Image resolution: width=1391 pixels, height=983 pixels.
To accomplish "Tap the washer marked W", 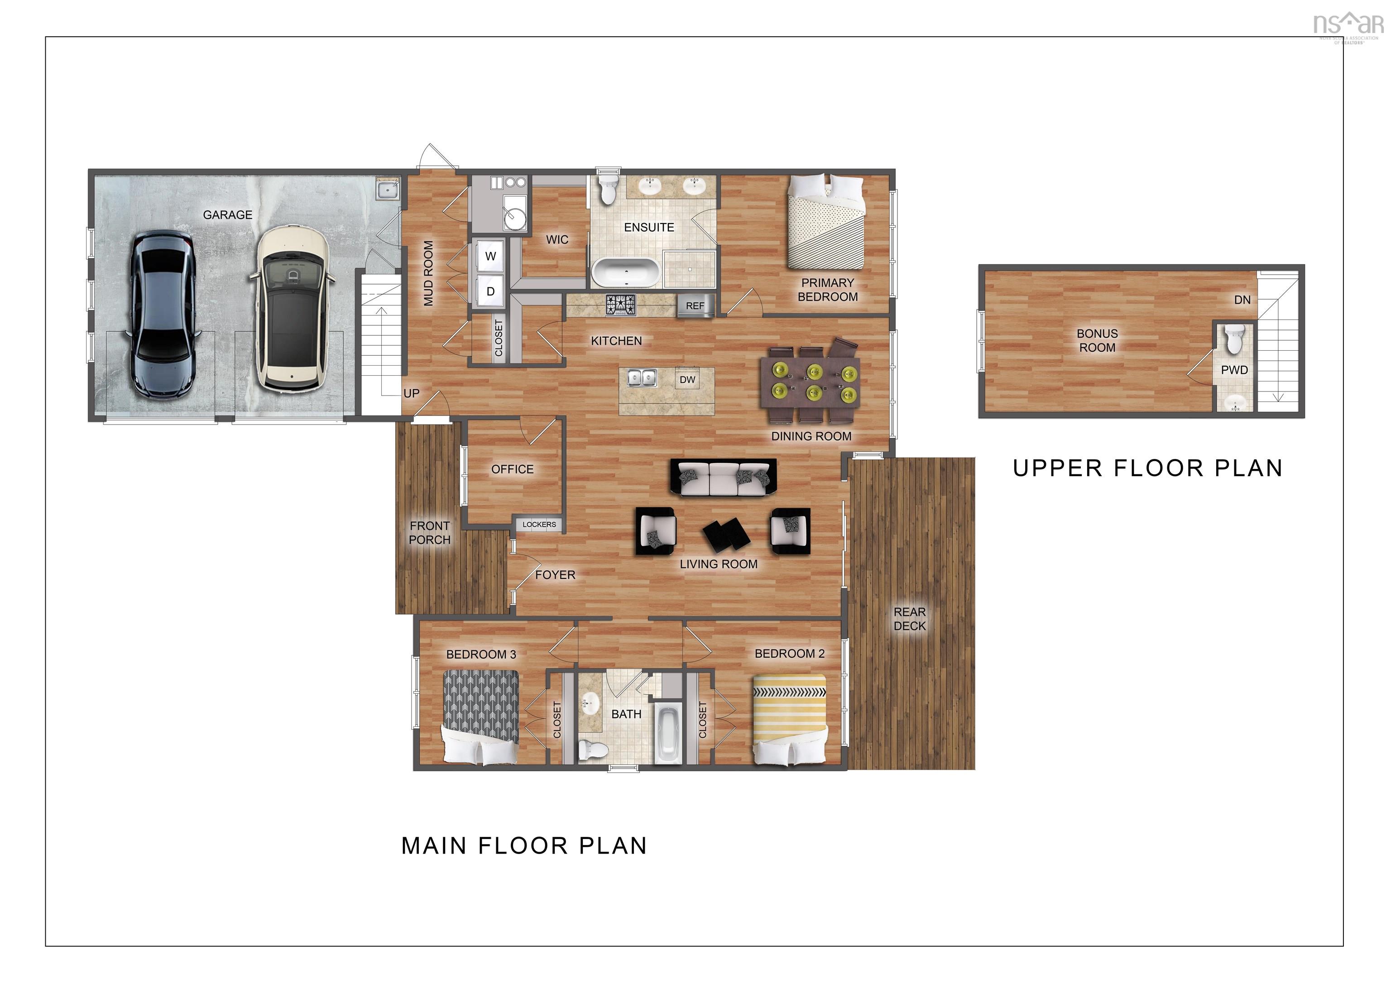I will (x=491, y=257).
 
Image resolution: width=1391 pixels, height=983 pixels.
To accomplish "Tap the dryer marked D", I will (x=491, y=292).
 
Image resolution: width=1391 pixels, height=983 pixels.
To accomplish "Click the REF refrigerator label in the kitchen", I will (x=695, y=306).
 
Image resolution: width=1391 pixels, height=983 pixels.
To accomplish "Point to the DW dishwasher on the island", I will (x=687, y=380).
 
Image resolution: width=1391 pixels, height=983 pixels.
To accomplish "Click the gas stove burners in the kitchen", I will (x=621, y=305).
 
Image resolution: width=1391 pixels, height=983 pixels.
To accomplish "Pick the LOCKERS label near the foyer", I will (x=539, y=525).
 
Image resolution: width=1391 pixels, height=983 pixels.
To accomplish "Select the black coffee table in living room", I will (x=726, y=533).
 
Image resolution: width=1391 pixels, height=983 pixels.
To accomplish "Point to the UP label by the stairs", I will (x=411, y=394).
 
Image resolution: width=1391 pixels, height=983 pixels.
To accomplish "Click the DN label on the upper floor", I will (x=1242, y=300).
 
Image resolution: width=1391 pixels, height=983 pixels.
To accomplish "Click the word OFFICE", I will (x=513, y=469).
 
